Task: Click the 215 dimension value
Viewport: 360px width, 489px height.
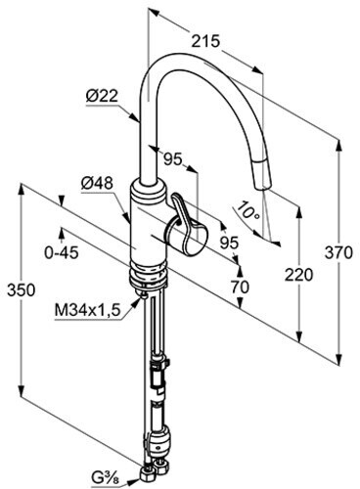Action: click(205, 42)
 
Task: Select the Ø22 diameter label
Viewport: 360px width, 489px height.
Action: click(102, 96)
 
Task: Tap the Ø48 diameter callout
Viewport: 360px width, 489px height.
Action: click(97, 184)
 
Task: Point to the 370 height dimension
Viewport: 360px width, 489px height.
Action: click(338, 252)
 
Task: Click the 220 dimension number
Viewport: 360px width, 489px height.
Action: click(298, 275)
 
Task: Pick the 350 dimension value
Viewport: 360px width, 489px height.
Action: click(21, 289)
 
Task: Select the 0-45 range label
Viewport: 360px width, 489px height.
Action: click(62, 252)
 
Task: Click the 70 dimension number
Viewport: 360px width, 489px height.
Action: click(240, 288)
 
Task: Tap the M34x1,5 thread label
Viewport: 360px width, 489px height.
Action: click(88, 311)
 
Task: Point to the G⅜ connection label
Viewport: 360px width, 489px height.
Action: click(106, 479)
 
